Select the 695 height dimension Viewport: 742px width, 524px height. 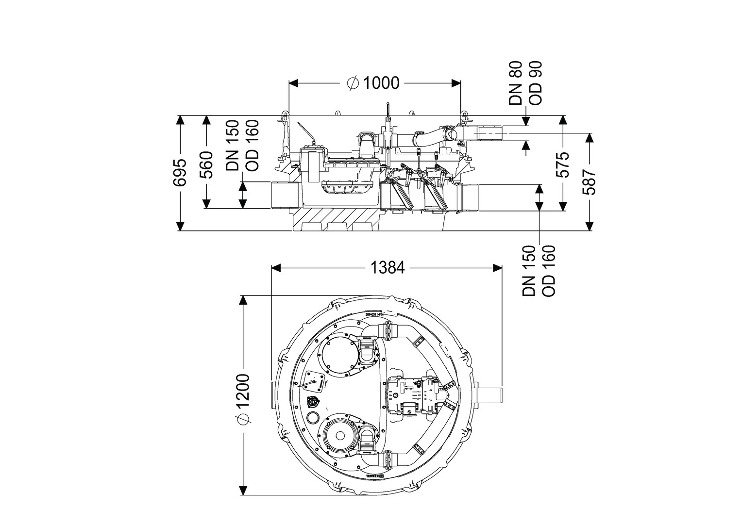180,173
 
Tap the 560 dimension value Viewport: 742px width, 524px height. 207,165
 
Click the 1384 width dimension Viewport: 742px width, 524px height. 387,267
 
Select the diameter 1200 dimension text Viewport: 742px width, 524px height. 243,398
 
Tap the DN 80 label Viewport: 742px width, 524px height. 515,83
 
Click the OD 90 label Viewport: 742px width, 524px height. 535,83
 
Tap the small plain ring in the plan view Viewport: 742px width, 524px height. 314,417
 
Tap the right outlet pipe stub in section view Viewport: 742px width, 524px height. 468,197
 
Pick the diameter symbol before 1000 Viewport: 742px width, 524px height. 353,83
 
